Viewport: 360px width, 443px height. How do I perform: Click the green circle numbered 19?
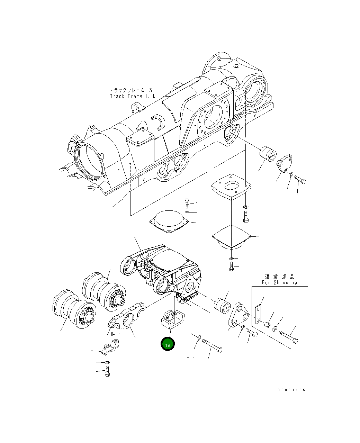tap(168, 344)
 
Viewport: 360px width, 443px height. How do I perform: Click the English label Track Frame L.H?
tap(133, 96)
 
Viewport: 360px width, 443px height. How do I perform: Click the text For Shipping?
tap(279, 282)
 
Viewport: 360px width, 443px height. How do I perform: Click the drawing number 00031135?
tap(291, 390)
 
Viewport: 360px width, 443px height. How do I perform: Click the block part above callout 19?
tap(172, 320)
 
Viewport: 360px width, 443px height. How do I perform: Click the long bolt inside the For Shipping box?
tap(288, 337)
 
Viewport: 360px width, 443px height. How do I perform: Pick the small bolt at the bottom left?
tap(107, 372)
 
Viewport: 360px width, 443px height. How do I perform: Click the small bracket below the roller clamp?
tap(111, 347)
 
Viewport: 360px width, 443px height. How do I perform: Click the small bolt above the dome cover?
tap(187, 203)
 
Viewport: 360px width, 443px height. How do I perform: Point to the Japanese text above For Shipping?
tap(279, 277)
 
